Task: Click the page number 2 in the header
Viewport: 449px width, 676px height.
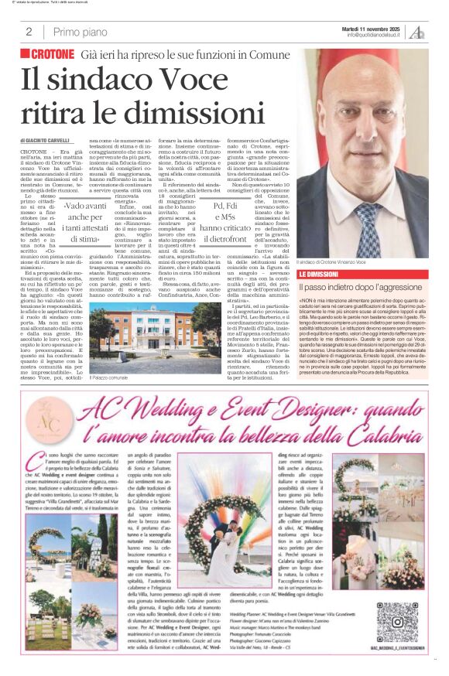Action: (x=29, y=32)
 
